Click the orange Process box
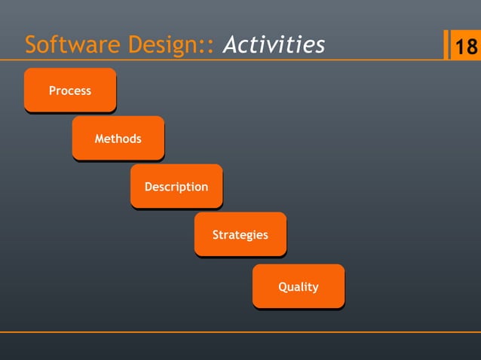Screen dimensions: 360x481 click(70, 90)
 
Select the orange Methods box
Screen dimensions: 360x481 click(118, 139)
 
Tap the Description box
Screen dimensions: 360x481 click(176, 186)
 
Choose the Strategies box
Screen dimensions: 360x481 click(240, 234)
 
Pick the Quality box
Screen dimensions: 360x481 click(298, 286)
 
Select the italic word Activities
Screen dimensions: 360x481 click(274, 46)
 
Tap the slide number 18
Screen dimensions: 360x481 click(464, 47)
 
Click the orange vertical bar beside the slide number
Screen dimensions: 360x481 click(446, 45)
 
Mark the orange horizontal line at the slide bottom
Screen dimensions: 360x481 click(240, 331)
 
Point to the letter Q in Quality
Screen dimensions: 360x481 click(283, 286)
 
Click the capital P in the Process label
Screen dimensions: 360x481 click(53, 90)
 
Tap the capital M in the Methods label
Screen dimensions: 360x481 click(100, 139)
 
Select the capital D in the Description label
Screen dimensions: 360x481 click(149, 186)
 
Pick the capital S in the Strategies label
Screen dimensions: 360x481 click(216, 234)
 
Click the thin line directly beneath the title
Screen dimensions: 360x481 click(226, 60)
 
